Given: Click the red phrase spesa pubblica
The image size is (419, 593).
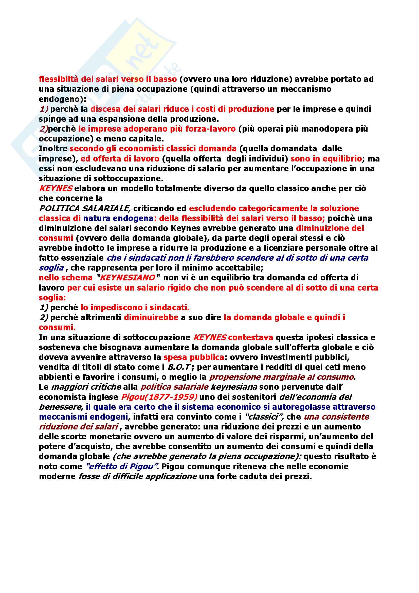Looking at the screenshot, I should point(194,357).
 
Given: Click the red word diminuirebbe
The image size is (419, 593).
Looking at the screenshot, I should point(151,317).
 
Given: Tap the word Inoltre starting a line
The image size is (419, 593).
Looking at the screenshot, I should point(53,149).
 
